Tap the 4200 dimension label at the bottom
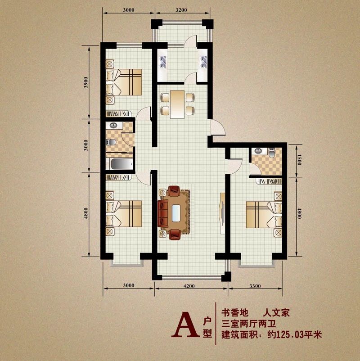189,286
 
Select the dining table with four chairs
177,104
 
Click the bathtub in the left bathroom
120,164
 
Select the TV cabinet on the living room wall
222,212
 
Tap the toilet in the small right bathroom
272,152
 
